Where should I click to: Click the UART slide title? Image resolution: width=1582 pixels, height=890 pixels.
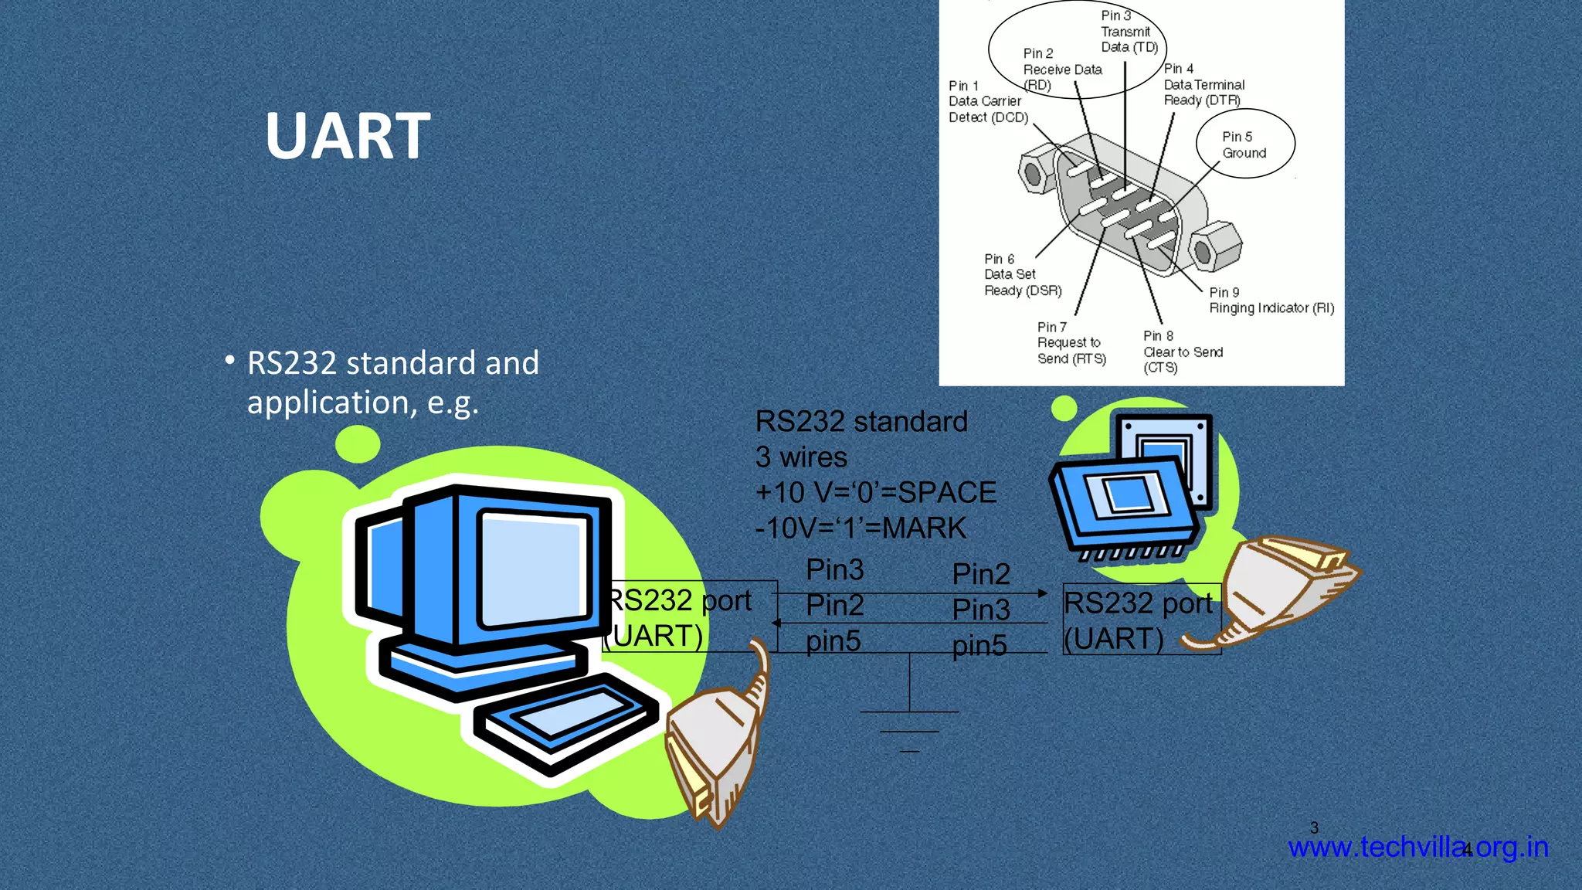[348, 136]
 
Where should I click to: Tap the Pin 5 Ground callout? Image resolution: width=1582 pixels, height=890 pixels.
[1244, 144]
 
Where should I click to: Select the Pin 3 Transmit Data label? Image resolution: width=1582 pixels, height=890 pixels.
[1128, 32]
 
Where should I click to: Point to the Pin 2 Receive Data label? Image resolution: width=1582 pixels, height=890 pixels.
[1061, 70]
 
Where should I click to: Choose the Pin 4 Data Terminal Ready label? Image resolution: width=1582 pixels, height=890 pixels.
[1203, 84]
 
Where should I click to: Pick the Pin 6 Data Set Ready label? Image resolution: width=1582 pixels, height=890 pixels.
[1021, 275]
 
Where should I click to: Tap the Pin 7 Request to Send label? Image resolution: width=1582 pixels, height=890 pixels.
[1071, 343]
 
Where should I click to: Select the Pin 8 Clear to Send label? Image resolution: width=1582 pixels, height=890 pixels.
[1182, 352]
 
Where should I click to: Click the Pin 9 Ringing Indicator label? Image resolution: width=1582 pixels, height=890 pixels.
[1271, 301]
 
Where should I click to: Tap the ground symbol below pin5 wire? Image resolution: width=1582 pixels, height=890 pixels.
[909, 722]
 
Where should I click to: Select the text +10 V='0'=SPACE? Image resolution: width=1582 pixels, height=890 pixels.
[875, 493]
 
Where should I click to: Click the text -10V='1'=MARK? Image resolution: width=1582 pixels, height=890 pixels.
[860, 528]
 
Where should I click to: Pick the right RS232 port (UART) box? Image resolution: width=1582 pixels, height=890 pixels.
[1141, 620]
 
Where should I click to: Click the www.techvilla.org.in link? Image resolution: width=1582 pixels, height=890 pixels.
[1417, 848]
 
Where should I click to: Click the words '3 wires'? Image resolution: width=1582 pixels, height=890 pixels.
[801, 457]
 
